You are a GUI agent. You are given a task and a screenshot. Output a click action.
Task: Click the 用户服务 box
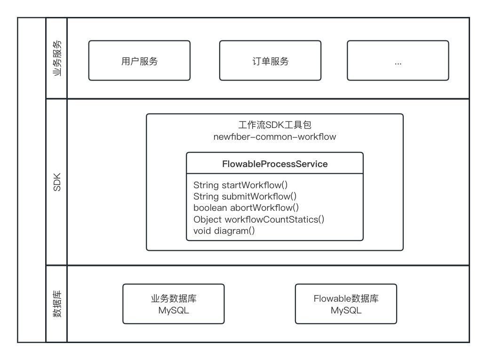[139, 61]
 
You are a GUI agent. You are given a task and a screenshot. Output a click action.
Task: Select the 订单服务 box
[270, 61]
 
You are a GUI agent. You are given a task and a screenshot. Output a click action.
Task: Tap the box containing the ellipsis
[398, 61]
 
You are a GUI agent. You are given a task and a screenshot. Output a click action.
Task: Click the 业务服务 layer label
[56, 58]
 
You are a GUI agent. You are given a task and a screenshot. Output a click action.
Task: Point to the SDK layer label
[56, 182]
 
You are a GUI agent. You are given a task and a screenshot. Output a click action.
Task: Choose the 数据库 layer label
[56, 304]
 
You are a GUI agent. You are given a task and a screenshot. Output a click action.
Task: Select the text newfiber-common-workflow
[274, 137]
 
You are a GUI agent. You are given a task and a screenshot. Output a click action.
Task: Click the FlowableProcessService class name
[274, 164]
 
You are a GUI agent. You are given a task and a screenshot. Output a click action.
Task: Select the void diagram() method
[224, 231]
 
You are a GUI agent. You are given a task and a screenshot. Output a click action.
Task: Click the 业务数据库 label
[173, 299]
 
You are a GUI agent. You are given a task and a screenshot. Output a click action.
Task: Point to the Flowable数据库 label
[346, 299]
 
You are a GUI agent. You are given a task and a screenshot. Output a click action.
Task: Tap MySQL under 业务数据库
[173, 311]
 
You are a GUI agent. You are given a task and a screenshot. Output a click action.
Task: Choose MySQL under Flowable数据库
[346, 311]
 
